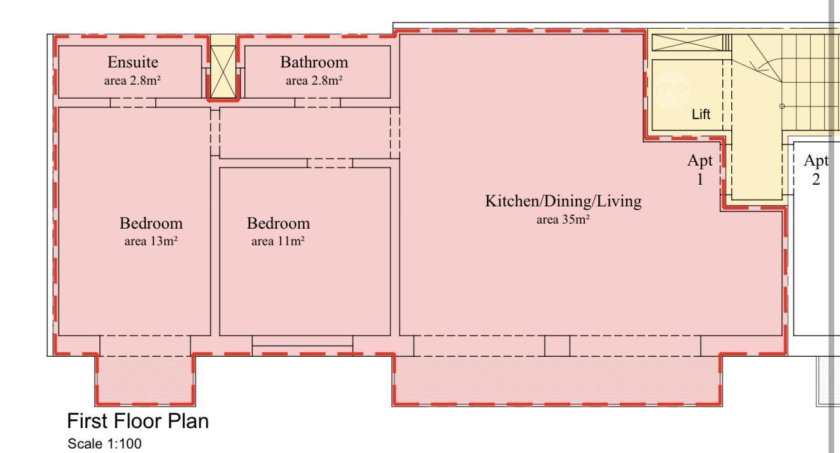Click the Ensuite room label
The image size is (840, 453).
point(133,62)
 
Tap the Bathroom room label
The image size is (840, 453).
point(314,62)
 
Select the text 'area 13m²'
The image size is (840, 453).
point(151,241)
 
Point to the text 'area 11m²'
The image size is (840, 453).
point(278,241)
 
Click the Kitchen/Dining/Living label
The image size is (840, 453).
point(563,201)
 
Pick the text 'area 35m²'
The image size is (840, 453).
point(563,219)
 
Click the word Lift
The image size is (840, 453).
point(701,114)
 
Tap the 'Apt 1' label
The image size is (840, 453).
point(700,169)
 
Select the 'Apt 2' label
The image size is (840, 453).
point(816,169)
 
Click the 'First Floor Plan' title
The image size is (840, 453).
point(137,421)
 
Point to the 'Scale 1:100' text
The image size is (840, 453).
point(104,444)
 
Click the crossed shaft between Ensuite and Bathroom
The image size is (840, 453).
point(223,72)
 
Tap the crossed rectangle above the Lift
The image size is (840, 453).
point(687,43)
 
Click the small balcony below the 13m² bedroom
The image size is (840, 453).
point(145,380)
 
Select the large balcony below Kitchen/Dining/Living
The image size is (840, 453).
point(557,380)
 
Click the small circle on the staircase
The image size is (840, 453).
point(782,106)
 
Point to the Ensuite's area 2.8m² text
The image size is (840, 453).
point(132,80)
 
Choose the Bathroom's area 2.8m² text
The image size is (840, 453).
point(314,80)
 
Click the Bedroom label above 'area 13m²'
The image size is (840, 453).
point(151,224)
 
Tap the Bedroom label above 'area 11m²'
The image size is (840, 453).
point(278,224)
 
